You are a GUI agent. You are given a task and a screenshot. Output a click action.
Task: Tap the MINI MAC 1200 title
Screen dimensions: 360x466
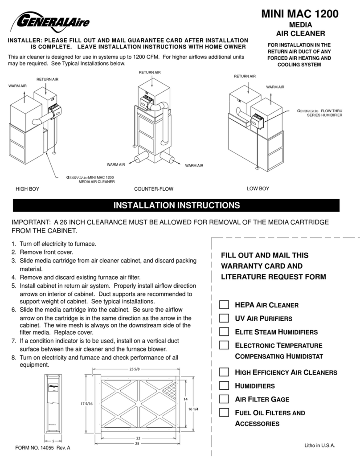300,14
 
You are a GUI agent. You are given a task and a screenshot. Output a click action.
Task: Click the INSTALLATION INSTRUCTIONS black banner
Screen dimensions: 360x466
176,205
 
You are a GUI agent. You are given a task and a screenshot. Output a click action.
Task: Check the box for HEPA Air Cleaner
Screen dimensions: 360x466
224,305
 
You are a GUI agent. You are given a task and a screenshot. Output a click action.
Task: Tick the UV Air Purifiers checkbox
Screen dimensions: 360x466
224,318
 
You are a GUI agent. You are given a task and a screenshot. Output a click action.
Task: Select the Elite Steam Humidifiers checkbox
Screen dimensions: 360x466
224,331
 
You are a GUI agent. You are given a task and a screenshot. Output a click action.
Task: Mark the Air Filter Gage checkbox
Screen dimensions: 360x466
224,399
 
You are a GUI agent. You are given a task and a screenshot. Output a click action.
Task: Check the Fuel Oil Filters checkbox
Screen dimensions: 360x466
224,412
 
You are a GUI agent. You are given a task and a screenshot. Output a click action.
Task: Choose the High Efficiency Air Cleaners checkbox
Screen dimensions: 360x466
224,372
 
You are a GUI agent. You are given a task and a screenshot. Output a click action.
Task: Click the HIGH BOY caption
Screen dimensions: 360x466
27,189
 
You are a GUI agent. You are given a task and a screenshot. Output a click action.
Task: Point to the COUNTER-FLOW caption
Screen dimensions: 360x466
154,189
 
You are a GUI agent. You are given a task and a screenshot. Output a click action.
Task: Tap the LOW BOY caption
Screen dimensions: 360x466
258,189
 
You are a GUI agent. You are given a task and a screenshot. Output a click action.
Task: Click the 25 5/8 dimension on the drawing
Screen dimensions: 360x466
135,369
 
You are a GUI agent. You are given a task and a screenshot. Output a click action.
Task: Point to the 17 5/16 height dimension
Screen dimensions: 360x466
86,404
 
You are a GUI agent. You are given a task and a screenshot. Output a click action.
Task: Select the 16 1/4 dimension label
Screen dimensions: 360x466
193,409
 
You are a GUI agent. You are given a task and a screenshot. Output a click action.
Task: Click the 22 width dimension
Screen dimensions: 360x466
138,438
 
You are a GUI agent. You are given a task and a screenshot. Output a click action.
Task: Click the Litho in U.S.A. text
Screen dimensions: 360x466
319,446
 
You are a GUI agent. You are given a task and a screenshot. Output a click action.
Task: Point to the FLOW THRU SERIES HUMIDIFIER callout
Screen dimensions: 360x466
319,113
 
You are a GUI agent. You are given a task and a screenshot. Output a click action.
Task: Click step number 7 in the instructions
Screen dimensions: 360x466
14,341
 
